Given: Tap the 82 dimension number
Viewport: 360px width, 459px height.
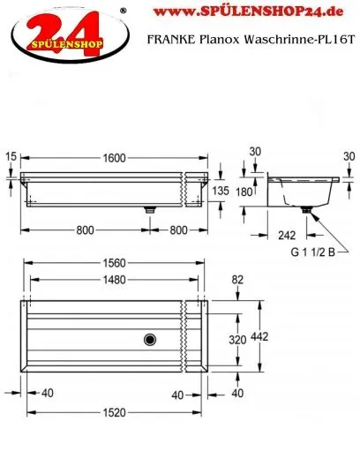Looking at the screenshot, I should pos(236,280).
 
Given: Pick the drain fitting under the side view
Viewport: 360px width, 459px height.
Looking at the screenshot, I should pos(308,210).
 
